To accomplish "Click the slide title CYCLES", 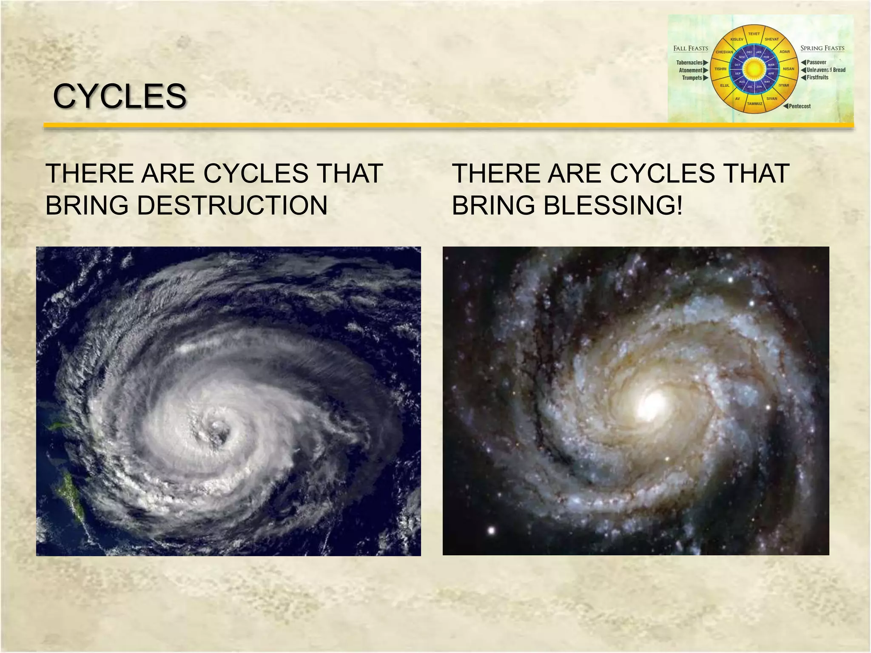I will click(120, 96).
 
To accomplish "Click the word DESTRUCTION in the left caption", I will click(232, 205).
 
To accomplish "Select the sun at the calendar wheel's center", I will click(754, 69).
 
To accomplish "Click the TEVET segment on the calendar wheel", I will click(754, 34).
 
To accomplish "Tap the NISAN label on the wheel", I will click(788, 69).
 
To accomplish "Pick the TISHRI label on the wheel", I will click(720, 69).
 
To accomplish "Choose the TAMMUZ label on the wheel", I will click(754, 104).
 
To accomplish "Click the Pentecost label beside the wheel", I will click(800, 106).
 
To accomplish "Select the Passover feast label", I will click(816, 62).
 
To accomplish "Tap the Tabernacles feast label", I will click(689, 63).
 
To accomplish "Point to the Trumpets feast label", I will click(692, 78).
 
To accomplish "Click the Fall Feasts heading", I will click(691, 48).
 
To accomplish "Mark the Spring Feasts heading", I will click(822, 48).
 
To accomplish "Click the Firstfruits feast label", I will click(817, 77).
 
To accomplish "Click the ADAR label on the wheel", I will click(784, 52).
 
